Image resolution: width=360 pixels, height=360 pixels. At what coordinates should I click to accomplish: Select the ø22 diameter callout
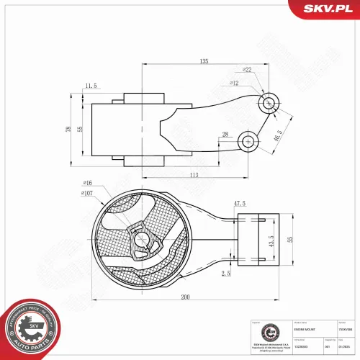(246, 70)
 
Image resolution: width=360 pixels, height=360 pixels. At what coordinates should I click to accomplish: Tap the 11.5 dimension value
(90, 86)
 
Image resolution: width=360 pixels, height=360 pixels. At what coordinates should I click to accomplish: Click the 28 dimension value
(225, 135)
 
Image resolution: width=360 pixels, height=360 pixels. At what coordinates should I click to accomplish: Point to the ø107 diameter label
(86, 193)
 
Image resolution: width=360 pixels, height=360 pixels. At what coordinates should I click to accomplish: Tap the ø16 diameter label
(88, 184)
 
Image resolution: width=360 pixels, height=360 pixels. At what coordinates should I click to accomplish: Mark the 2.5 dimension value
(226, 274)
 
